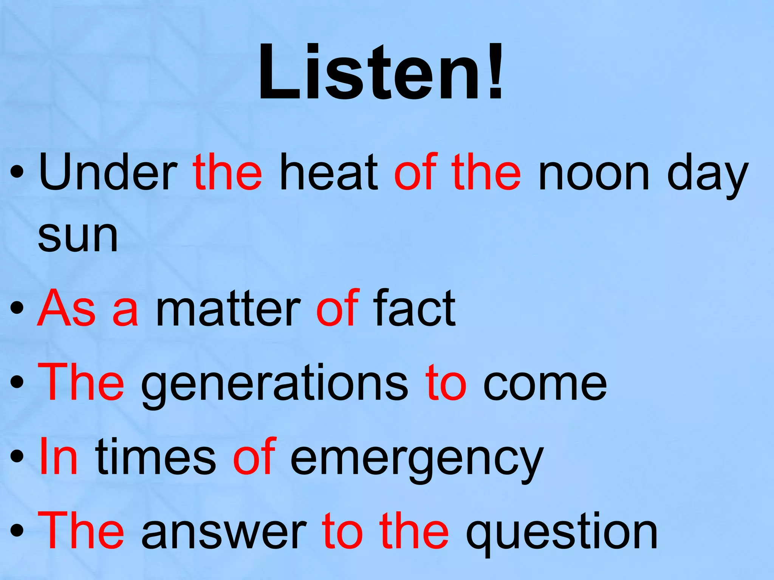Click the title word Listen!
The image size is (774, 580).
click(381, 73)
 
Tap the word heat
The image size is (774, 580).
click(328, 172)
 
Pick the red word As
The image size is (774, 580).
click(67, 307)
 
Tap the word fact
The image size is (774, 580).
click(415, 307)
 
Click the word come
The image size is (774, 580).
click(545, 384)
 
